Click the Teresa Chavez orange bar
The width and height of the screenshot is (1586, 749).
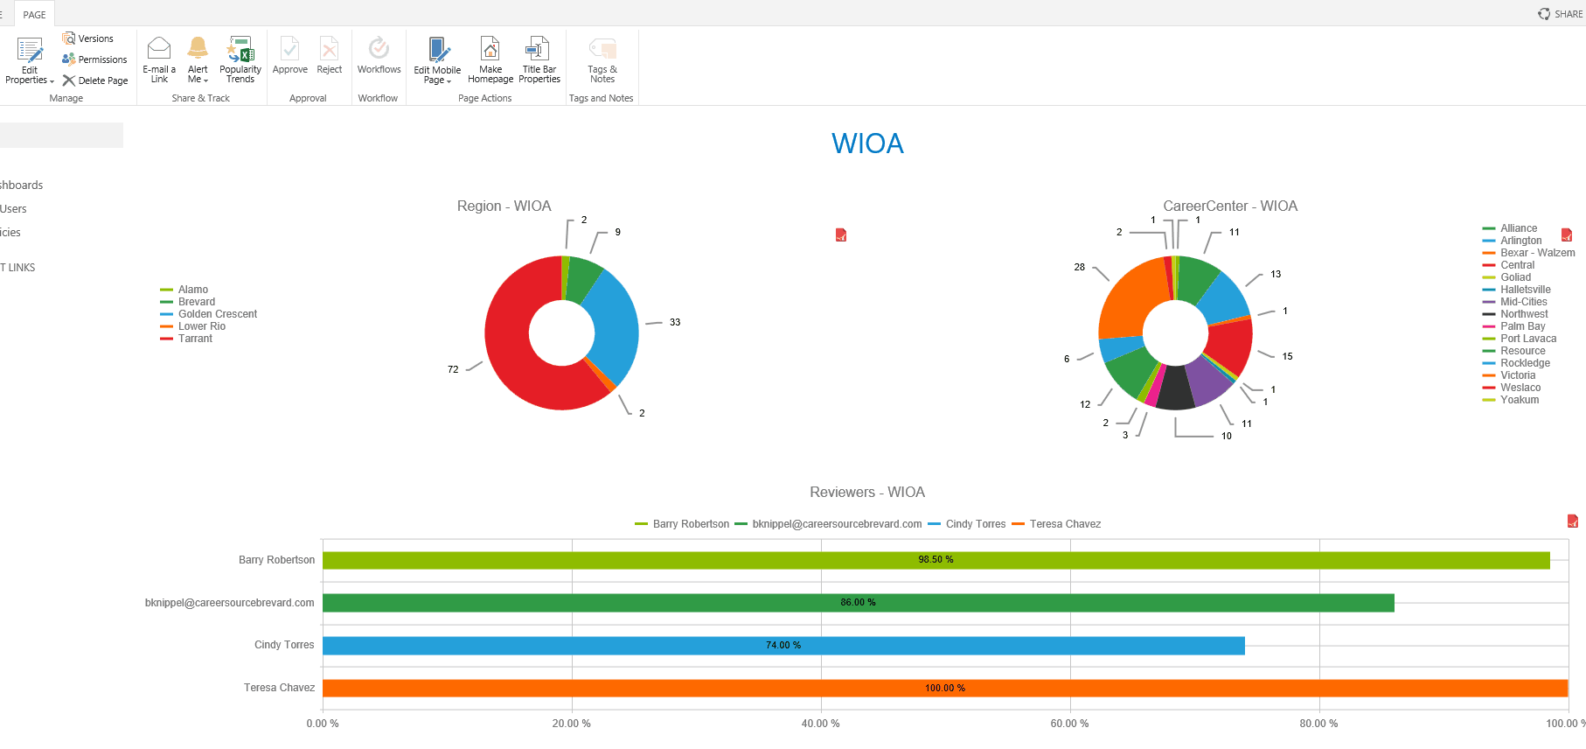pyautogui.click(x=944, y=689)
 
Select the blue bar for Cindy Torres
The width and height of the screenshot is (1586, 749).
pyautogui.click(x=783, y=646)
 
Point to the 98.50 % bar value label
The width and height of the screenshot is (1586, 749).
pyautogui.click(x=936, y=560)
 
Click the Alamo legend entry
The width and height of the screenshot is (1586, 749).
pyautogui.click(x=192, y=290)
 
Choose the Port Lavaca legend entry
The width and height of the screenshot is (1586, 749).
pyautogui.click(x=1527, y=339)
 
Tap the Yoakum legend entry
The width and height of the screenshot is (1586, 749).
pyautogui.click(x=1519, y=400)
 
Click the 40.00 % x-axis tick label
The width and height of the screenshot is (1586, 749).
pyautogui.click(x=820, y=724)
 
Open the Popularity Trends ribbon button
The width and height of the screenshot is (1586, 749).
pyautogui.click(x=240, y=59)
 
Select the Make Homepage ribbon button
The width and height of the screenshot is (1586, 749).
pyautogui.click(x=490, y=59)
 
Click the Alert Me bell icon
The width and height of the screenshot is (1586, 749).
pyautogui.click(x=198, y=48)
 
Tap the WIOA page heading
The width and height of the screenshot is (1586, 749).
pyautogui.click(x=867, y=143)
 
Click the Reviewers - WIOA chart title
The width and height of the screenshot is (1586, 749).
pyautogui.click(x=866, y=493)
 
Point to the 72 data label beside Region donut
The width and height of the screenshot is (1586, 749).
pyautogui.click(x=453, y=369)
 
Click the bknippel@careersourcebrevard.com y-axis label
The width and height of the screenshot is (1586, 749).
pyautogui.click(x=230, y=603)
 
